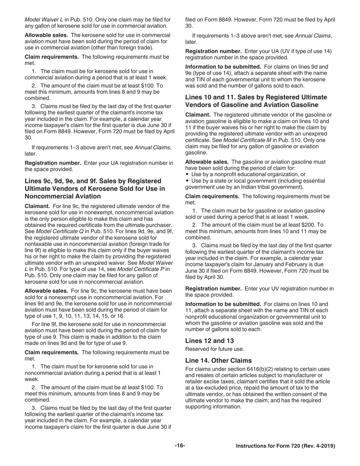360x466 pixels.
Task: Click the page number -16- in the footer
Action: click(180, 446)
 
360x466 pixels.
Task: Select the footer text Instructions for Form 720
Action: click(285, 446)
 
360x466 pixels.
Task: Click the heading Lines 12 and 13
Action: click(209, 341)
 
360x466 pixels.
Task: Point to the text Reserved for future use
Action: click(214, 349)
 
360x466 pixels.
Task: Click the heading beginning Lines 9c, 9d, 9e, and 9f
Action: click(95, 188)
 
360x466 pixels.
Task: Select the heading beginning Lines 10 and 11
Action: click(256, 101)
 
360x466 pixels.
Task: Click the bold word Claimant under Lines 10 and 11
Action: click(198, 115)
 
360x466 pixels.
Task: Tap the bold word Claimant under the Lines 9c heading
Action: click(37, 206)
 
